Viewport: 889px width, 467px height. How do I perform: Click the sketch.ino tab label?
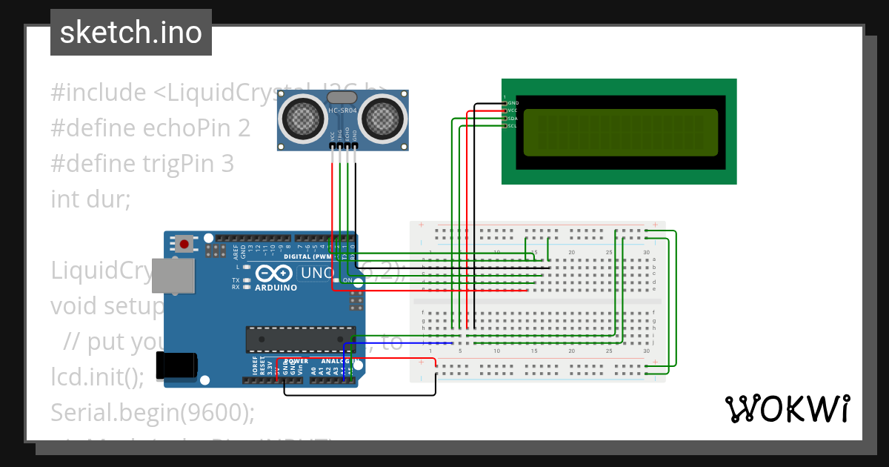click(130, 33)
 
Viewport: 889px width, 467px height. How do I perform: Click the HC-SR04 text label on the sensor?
click(343, 111)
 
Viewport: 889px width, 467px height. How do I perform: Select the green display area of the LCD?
click(620, 133)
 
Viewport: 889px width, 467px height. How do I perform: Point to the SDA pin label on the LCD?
click(513, 119)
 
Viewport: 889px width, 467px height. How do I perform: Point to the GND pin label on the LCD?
click(513, 103)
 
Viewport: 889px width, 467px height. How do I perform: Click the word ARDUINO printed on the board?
click(276, 288)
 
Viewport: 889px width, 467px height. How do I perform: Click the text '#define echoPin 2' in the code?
click(150, 128)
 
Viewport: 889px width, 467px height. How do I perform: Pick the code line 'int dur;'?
click(90, 199)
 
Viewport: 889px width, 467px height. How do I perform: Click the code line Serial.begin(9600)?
click(152, 412)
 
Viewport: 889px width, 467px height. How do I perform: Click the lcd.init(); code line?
click(97, 377)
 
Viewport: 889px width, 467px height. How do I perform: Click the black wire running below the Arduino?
click(356, 394)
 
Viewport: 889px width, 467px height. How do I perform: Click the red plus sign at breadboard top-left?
click(422, 225)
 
